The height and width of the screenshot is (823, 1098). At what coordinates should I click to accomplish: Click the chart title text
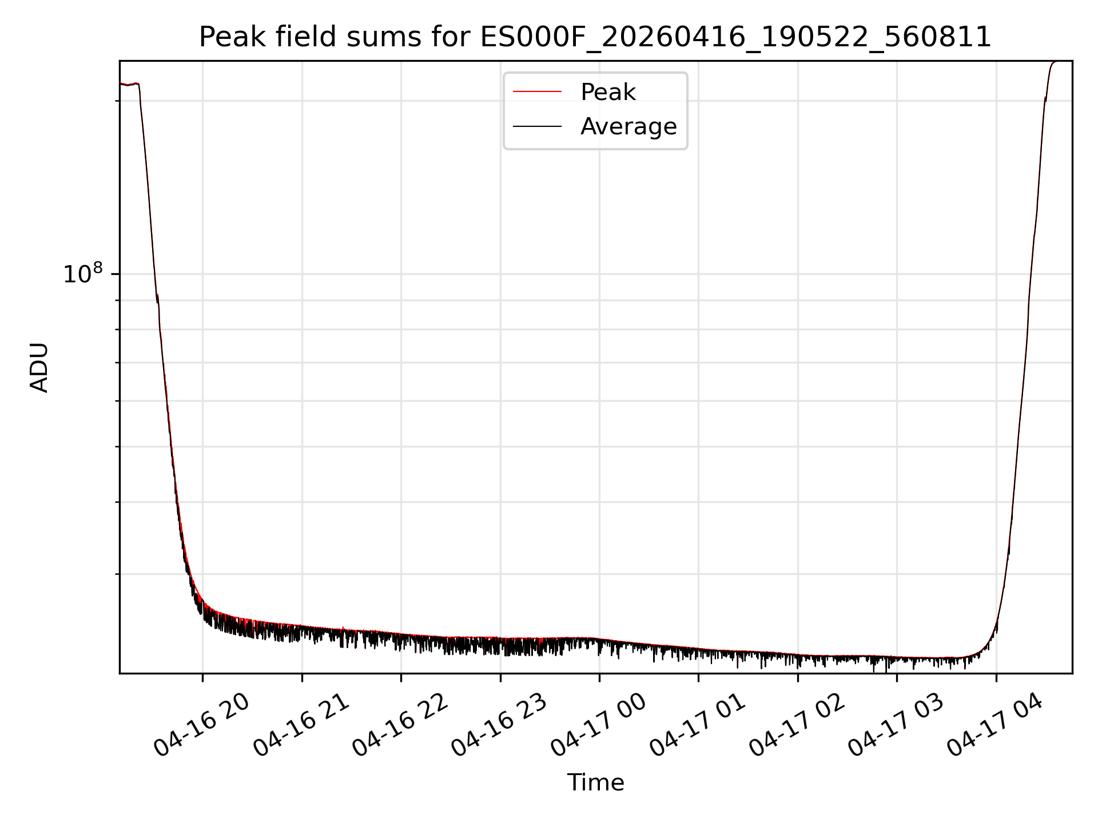[x=595, y=38]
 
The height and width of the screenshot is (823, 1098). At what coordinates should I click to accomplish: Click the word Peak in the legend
[x=608, y=92]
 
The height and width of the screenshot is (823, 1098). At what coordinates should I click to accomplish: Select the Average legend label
[x=628, y=126]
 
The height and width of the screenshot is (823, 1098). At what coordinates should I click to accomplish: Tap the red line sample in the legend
[x=537, y=92]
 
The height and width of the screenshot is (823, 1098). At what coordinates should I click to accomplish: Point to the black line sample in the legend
[x=537, y=126]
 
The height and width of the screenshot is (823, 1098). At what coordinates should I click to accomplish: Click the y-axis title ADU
[x=39, y=367]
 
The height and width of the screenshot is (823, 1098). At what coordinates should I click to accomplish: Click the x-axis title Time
[x=595, y=782]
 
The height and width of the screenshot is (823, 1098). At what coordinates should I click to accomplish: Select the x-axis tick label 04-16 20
[x=201, y=725]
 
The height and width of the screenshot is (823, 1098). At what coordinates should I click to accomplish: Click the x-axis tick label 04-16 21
[x=301, y=725]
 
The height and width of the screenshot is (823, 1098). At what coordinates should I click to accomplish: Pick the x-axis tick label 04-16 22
[x=400, y=725]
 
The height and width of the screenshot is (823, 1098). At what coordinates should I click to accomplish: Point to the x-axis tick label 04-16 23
[x=499, y=725]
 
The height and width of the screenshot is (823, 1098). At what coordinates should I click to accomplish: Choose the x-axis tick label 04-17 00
[x=598, y=725]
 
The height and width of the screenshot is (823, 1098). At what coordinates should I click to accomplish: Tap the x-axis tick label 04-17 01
[x=698, y=725]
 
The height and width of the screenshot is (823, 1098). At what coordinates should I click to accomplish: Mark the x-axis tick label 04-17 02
[x=797, y=725]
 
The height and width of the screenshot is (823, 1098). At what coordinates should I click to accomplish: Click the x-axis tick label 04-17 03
[x=896, y=725]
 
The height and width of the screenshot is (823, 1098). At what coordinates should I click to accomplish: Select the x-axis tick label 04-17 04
[x=995, y=725]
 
